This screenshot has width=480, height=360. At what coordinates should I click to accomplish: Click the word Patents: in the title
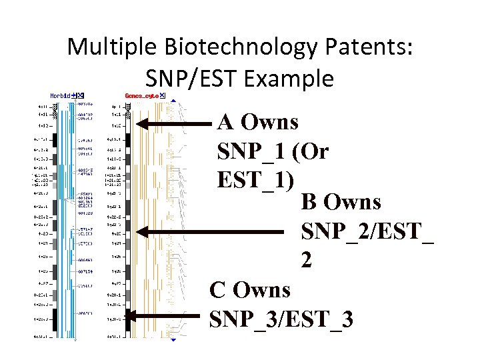point(372,47)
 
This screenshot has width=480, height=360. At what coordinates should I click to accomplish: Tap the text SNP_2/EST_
point(367,231)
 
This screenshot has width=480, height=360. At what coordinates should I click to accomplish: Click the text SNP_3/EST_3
point(281,319)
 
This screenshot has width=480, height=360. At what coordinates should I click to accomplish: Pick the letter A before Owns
point(225,122)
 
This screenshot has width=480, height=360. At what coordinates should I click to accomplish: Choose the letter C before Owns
point(217,290)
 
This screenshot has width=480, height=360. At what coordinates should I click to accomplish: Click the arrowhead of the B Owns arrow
point(141,231)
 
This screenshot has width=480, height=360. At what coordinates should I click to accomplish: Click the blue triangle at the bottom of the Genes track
point(173,340)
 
